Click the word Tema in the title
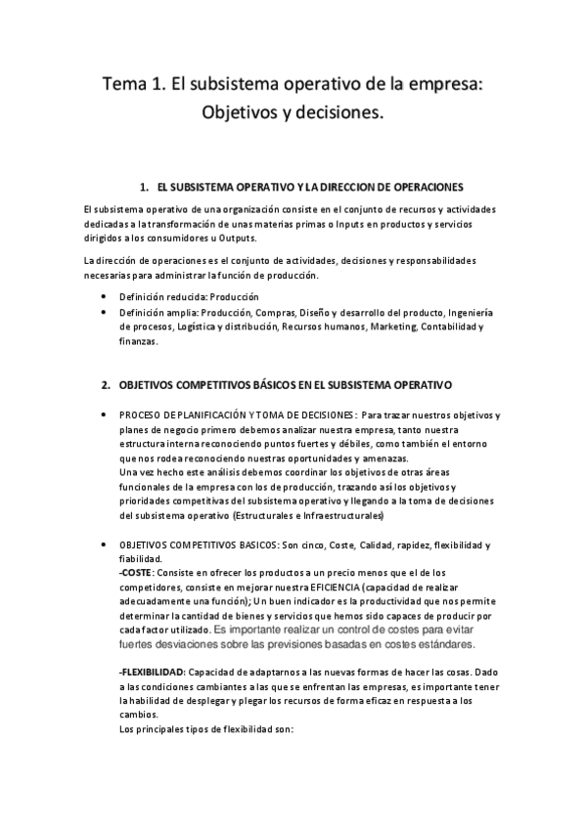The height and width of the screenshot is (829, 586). tap(127, 85)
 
